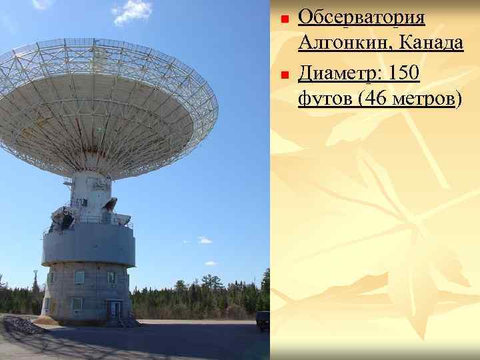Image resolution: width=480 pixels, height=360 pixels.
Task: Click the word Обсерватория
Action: click(x=361, y=17)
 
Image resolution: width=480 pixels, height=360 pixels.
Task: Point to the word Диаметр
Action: click(x=339, y=72)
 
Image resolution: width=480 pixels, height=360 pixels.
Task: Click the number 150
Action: click(x=403, y=72)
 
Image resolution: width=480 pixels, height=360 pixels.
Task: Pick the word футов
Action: click(x=325, y=100)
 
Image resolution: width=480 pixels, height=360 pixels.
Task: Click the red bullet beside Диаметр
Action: click(x=283, y=75)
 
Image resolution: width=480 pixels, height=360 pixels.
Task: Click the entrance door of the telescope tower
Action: click(x=115, y=309)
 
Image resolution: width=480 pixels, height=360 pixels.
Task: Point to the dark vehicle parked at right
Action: click(x=263, y=319)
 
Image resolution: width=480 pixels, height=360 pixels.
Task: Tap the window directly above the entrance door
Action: click(x=111, y=277)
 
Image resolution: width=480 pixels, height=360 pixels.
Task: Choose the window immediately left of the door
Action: click(x=77, y=304)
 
